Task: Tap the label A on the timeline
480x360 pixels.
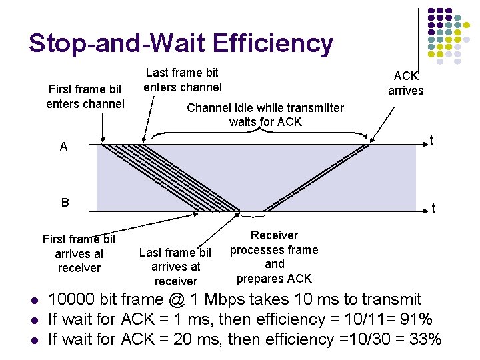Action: (x=63, y=147)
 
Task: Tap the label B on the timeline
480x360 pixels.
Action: (x=65, y=202)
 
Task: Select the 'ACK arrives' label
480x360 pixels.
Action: (x=405, y=83)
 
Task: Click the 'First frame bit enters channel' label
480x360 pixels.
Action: (x=85, y=96)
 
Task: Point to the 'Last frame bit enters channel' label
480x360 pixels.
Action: (x=183, y=79)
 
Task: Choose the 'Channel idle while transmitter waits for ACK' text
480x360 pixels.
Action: (x=265, y=115)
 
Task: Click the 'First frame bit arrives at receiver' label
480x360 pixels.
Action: (x=79, y=253)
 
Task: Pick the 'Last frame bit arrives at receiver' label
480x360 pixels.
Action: (x=175, y=267)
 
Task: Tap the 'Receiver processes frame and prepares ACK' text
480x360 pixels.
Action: (x=274, y=257)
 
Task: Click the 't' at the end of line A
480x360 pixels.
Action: (x=432, y=141)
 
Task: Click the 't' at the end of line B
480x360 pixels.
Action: (x=433, y=209)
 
